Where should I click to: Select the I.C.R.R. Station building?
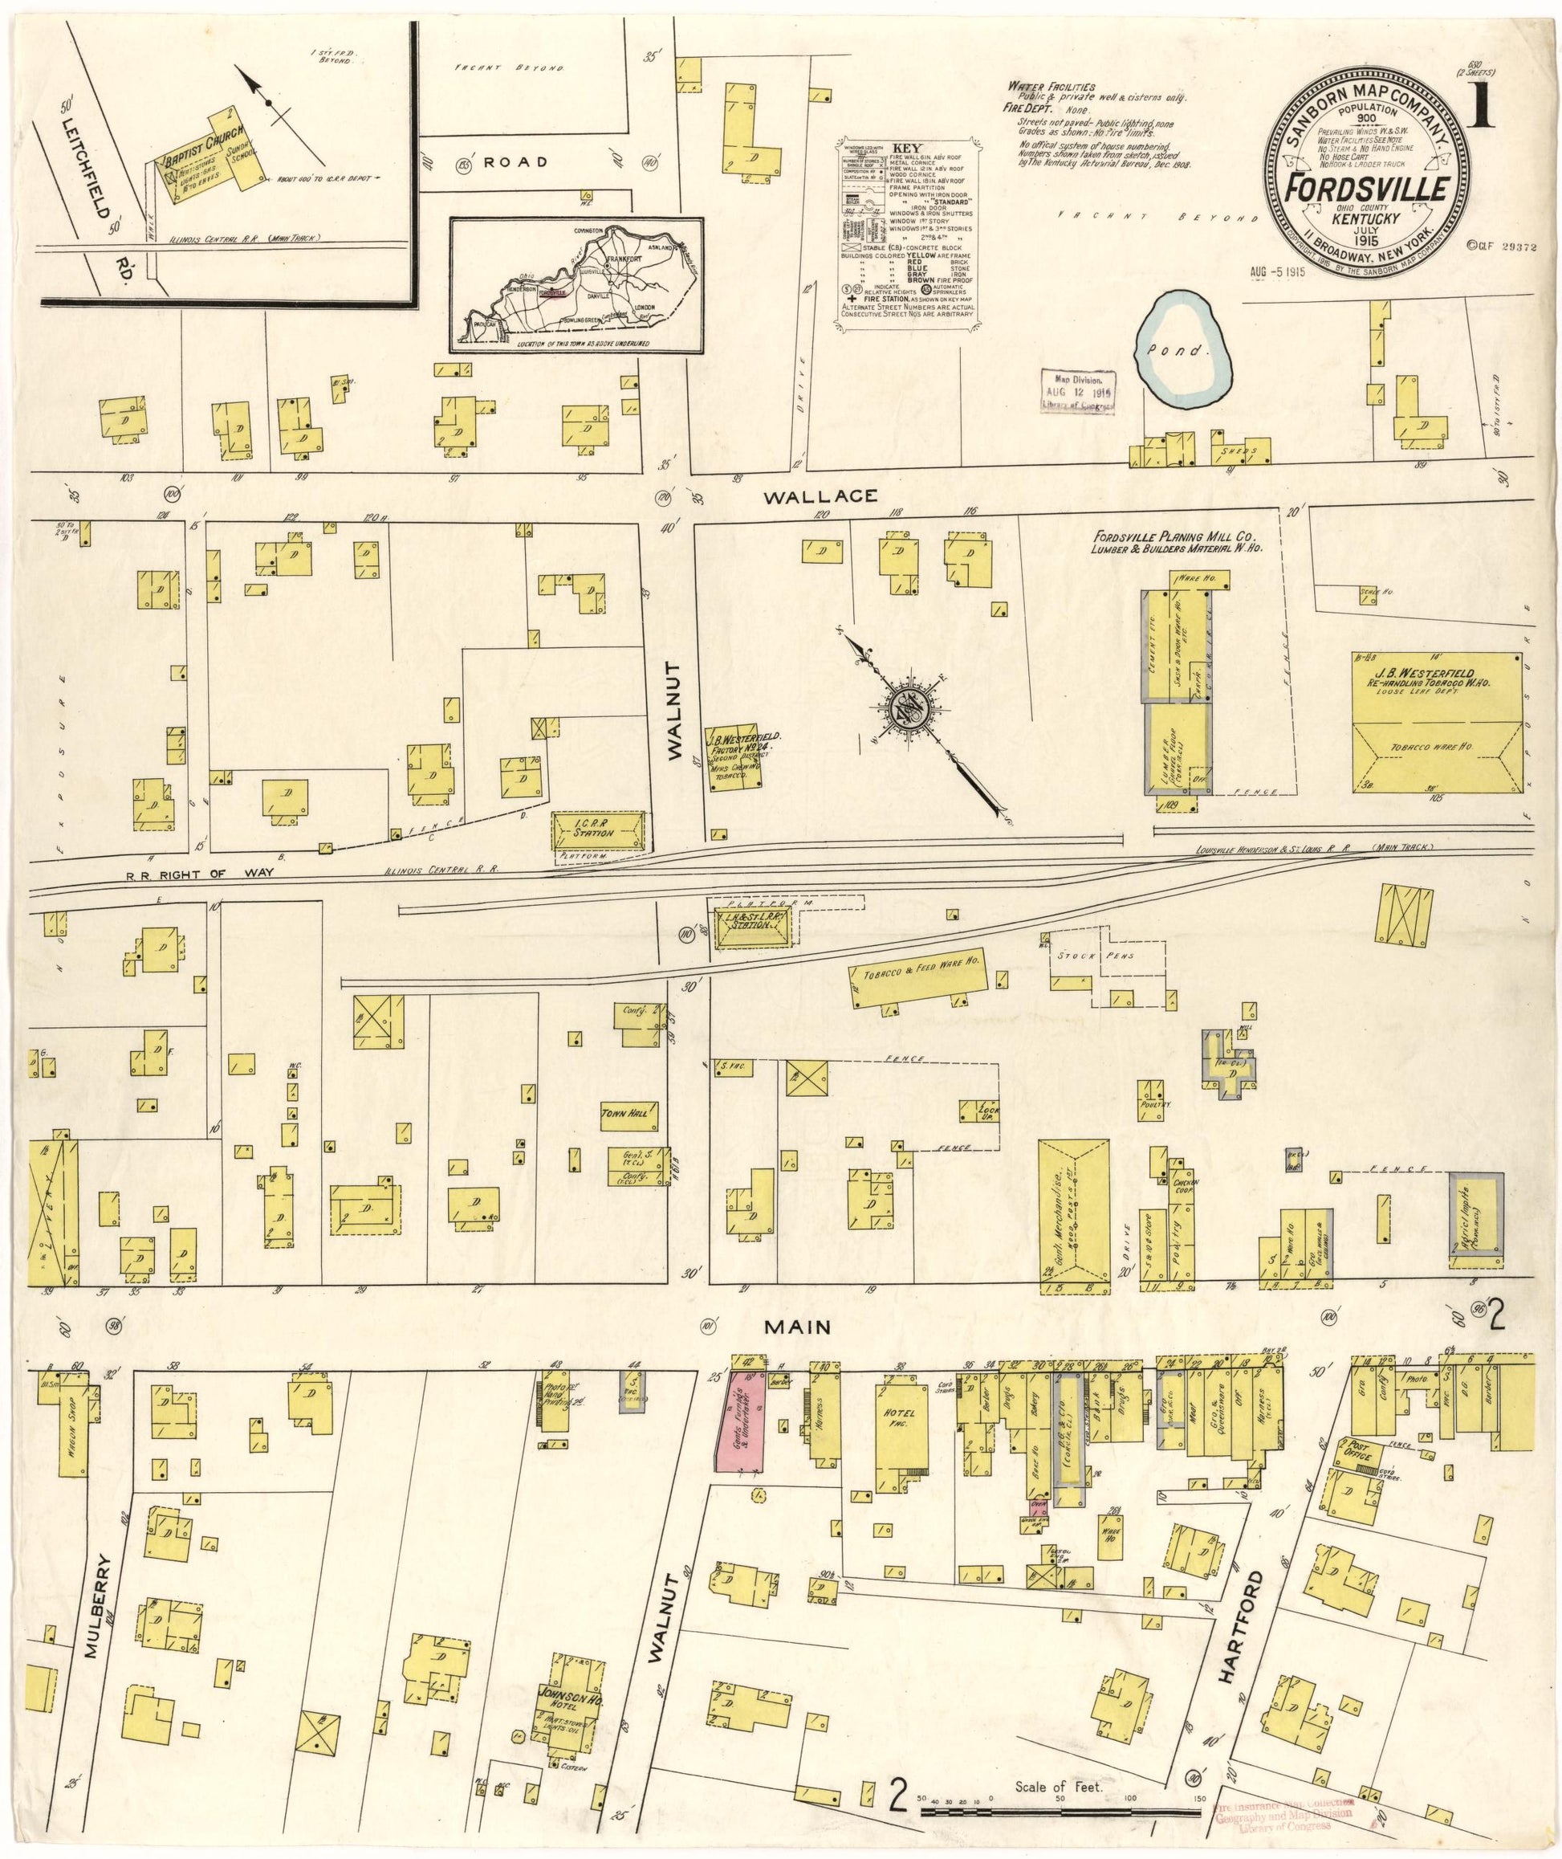(x=600, y=829)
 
